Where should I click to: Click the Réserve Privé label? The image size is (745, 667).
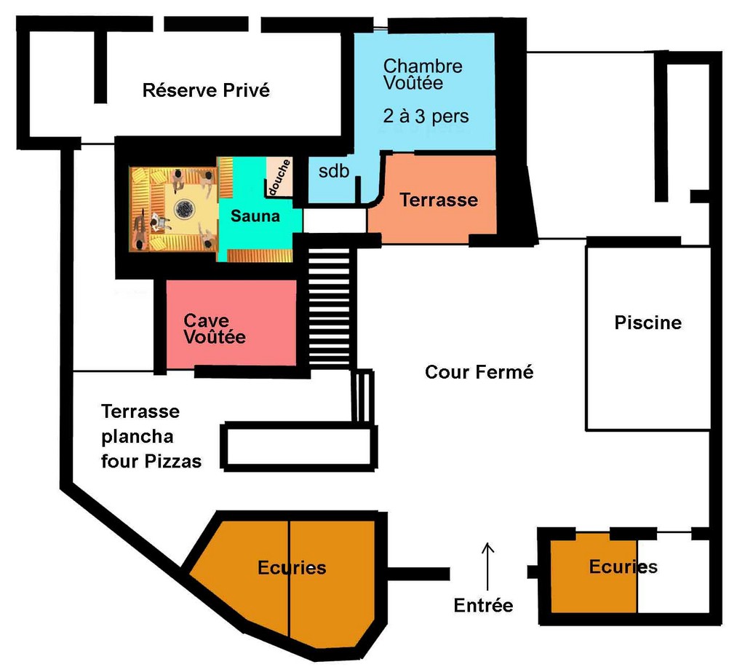tap(206, 90)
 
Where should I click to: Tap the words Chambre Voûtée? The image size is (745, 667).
tap(423, 74)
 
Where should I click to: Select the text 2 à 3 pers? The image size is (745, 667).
tap(426, 116)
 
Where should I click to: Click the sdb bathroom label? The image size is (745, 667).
tap(333, 170)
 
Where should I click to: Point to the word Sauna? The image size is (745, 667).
tap(255, 216)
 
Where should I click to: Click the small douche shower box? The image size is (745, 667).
tap(279, 176)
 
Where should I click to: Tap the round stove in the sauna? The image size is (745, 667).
tap(184, 208)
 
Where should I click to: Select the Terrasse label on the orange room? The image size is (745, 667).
tap(439, 200)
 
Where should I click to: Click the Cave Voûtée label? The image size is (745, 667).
tap(215, 328)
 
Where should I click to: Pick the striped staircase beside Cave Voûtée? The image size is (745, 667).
tap(330, 307)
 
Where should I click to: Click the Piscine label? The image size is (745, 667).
tap(648, 323)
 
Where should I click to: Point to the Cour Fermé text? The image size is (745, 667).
tap(479, 372)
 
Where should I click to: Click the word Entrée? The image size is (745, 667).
tap(483, 605)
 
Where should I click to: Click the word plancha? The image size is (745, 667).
tap(138, 437)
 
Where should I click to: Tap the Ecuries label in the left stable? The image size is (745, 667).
tap(292, 568)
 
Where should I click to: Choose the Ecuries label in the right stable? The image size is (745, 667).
tap(624, 567)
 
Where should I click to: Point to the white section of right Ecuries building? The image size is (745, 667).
tap(673, 573)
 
